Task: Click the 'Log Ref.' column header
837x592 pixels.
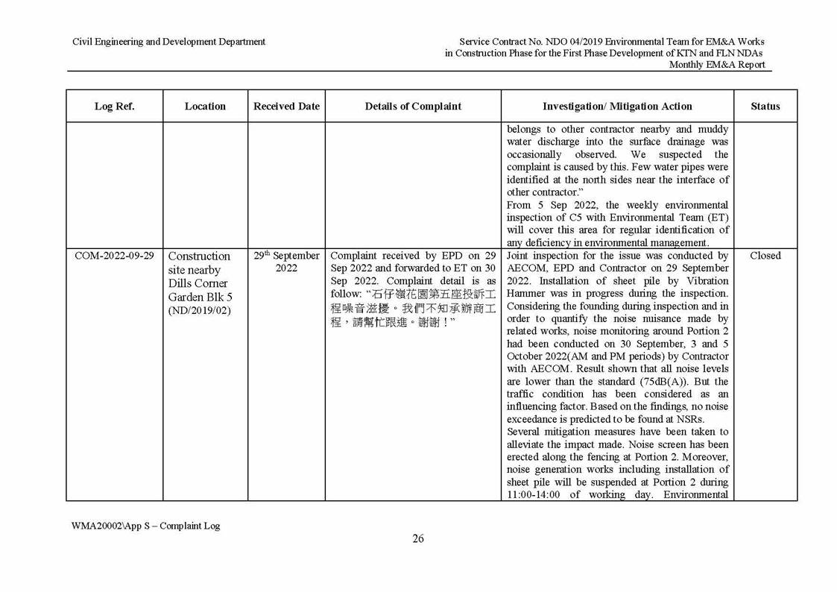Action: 114,106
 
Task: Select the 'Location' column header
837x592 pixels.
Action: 205,106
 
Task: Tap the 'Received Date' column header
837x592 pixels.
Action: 286,106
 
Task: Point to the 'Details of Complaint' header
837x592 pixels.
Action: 413,106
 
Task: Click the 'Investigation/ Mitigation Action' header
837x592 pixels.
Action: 617,106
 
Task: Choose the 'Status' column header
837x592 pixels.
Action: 765,106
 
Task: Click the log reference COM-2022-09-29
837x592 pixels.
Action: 114,256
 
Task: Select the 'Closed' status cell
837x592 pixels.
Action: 765,256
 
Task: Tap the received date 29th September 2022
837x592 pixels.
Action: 286,261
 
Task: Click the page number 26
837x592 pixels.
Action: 418,539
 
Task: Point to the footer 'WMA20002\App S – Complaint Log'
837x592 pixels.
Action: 145,526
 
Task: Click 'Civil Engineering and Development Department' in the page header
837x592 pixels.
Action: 168,42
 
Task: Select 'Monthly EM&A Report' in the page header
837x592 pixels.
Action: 716,65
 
